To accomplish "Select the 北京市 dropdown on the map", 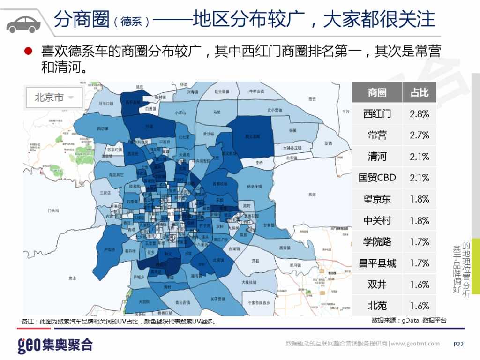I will tap(54, 97).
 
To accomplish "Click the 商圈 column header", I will tap(377, 92).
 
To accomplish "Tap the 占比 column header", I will tap(420, 92).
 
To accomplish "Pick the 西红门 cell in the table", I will tap(377, 113).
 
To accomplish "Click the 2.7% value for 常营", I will tap(420, 135).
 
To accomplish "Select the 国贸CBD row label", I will tap(377, 178).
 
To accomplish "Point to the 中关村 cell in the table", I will tap(377, 220).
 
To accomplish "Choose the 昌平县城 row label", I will tap(377, 263).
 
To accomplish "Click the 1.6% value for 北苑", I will tap(420, 306).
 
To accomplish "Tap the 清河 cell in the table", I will tap(377, 156).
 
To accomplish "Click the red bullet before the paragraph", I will tap(28, 52).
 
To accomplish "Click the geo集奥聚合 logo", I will tap(55, 345).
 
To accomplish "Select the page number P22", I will tap(458, 344).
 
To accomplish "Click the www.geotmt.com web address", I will tap(415, 344).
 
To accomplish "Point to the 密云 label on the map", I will tap(312, 99).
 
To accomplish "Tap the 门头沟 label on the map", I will tap(53, 211).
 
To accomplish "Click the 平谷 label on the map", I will tap(346, 112).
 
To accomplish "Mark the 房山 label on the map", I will tap(72, 278).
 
